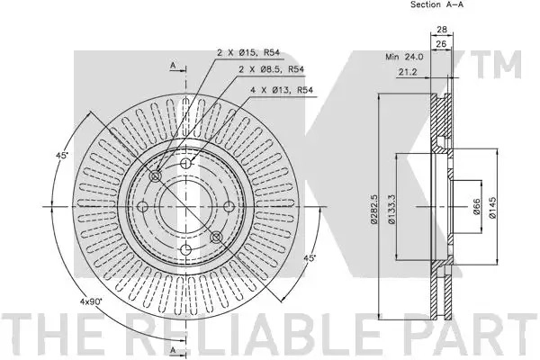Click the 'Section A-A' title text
point(436,4)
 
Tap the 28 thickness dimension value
point(442,30)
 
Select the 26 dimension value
point(441,44)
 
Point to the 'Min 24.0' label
point(404,57)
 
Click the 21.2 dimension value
point(408,72)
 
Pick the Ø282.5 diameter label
point(374,210)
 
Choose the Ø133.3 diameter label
point(391,210)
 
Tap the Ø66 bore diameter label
point(477,207)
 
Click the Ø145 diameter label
point(492,207)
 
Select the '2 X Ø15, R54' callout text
point(248,53)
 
